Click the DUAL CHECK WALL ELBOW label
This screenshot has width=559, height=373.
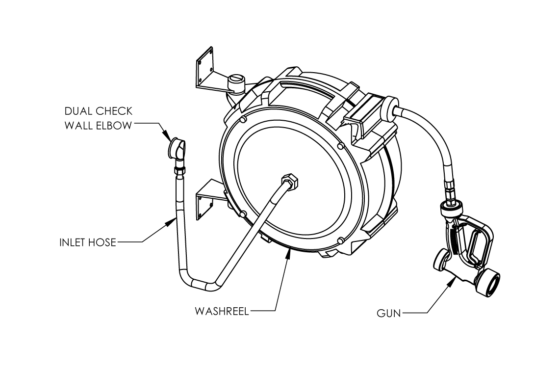coord(99,118)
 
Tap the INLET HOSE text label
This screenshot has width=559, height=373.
coord(88,242)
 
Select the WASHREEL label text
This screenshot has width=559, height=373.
coord(222,311)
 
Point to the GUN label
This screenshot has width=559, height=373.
coord(389,313)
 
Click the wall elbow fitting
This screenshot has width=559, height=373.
coord(176,149)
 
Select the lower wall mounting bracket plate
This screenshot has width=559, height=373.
coord(205,206)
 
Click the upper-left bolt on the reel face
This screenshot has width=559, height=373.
coord(243,120)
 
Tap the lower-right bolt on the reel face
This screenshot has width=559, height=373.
coord(340,240)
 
